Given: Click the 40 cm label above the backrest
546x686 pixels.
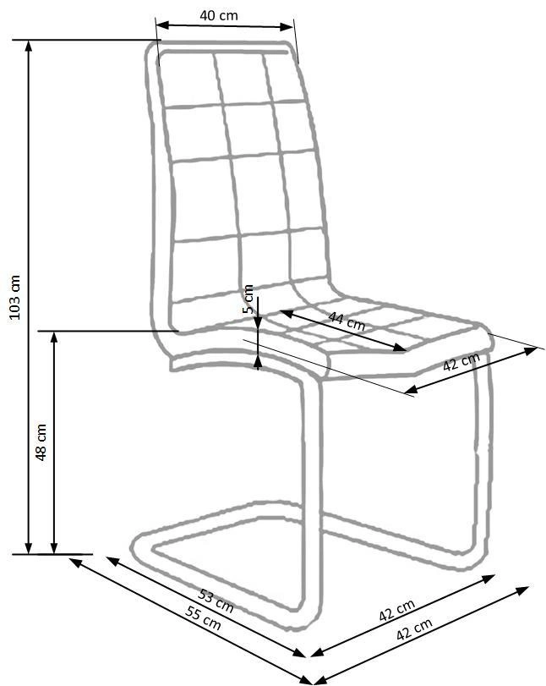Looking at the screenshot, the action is (x=219, y=16).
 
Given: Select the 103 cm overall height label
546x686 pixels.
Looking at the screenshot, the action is (x=15, y=298).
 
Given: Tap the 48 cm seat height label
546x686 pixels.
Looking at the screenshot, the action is (x=41, y=442).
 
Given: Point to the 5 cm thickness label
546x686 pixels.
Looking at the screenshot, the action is (x=248, y=299).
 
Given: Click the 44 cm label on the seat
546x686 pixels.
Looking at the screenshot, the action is (x=347, y=321).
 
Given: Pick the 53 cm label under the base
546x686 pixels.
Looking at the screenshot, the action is (x=216, y=601).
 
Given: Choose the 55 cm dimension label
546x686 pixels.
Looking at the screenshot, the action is (x=203, y=617).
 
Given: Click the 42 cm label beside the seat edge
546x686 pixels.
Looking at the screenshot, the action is (x=461, y=361).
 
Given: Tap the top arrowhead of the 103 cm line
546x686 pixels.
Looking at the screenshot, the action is (x=29, y=46).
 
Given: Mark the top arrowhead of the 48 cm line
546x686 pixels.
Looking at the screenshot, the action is (x=54, y=337).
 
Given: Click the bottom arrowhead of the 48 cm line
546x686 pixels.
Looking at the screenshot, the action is (x=54, y=548).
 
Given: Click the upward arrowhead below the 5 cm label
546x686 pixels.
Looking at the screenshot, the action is (x=259, y=361).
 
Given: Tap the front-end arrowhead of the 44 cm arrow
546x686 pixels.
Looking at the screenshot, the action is (x=400, y=348).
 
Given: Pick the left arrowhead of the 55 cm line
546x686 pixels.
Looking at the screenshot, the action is (x=75, y=562).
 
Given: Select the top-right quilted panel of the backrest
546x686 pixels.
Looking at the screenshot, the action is (x=285, y=78).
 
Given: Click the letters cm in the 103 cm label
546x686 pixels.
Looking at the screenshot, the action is (x=15, y=284).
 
